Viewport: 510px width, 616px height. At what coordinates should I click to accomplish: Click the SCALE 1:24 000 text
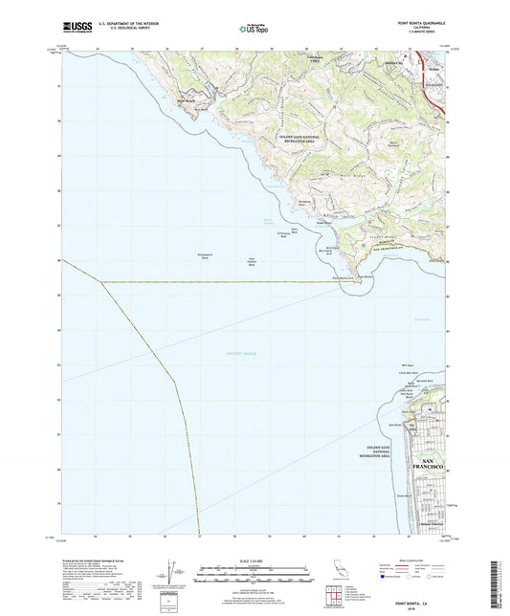pos(254,560)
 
